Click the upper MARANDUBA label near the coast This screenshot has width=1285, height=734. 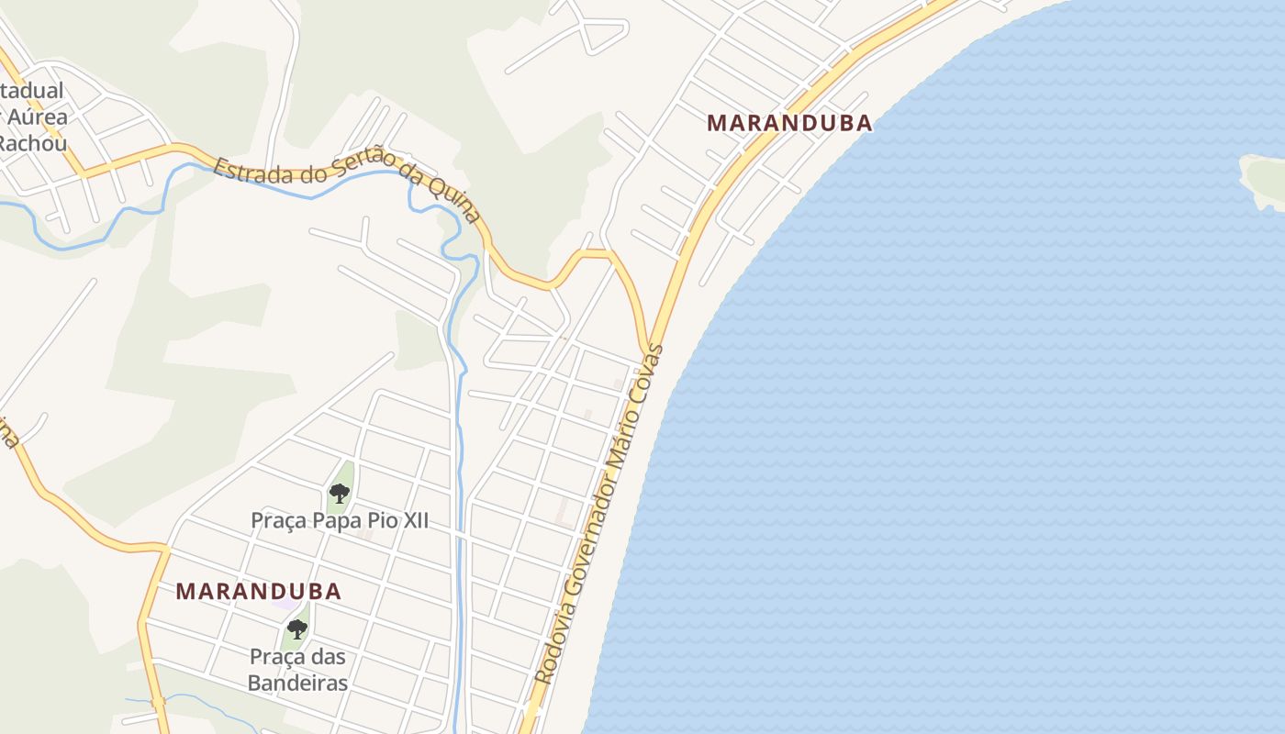coord(789,123)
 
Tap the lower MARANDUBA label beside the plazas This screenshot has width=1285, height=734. coord(259,592)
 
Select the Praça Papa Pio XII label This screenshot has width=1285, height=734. coord(340,520)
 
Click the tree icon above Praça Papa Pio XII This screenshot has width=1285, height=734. coord(340,494)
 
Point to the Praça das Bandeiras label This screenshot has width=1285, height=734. coord(298,670)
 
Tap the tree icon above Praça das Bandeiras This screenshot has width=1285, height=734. coord(296,629)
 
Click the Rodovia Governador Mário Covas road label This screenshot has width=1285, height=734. coord(598,514)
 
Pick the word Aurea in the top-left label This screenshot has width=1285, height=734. coord(38,117)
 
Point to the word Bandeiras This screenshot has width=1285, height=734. coord(298,684)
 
